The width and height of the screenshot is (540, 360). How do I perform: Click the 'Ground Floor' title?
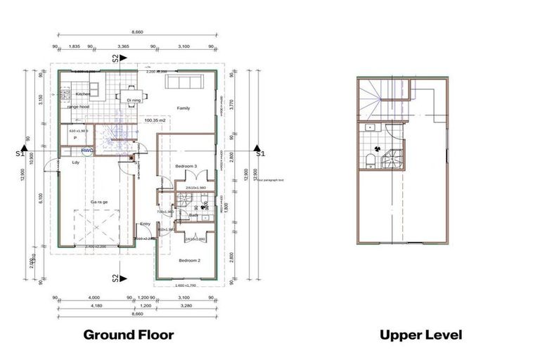(x=129, y=335)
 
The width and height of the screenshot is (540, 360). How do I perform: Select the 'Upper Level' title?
(x=421, y=335)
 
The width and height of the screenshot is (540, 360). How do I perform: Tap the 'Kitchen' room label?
(x=83, y=94)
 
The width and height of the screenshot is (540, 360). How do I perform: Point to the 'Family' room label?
(x=184, y=108)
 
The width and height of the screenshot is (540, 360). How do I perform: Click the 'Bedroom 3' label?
(x=186, y=166)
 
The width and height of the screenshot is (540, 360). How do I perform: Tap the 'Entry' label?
(x=146, y=224)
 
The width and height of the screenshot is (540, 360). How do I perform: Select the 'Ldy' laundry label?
(x=76, y=162)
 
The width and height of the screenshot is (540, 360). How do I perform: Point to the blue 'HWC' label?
(x=86, y=150)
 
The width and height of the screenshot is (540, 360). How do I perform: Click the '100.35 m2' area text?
(x=155, y=121)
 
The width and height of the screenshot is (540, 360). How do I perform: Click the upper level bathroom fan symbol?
(x=378, y=149)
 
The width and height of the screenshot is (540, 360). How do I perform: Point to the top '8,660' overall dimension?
(x=139, y=32)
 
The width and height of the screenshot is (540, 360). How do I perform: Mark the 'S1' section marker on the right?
(x=260, y=153)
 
